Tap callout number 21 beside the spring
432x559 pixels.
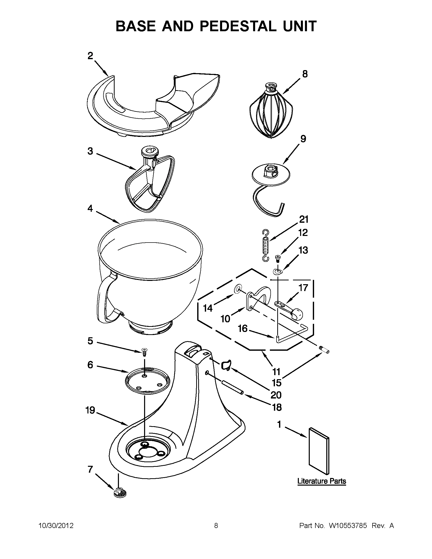point(304,219)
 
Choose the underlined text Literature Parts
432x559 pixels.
point(321,481)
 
